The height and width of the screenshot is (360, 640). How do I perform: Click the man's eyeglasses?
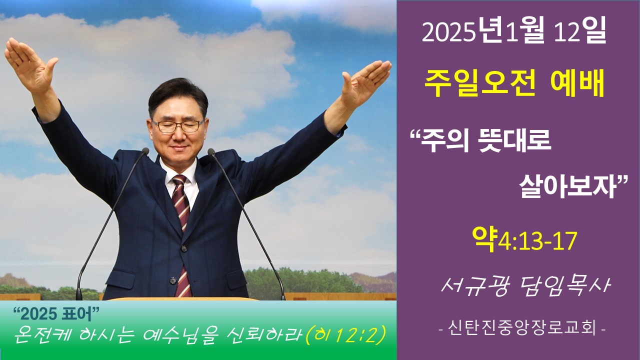click(177, 126)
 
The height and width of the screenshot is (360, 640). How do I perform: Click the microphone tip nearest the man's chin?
click(211, 151)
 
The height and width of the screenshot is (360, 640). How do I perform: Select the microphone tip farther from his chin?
click(145, 151)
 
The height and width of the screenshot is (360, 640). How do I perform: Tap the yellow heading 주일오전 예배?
click(514, 82)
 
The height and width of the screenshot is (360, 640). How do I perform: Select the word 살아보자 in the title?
click(567, 187)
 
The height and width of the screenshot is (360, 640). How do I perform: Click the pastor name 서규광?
click(475, 286)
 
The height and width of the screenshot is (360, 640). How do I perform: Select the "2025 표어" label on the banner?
click(56, 314)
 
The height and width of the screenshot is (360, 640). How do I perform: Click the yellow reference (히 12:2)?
click(345, 335)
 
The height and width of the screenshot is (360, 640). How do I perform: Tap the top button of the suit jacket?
click(183, 248)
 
